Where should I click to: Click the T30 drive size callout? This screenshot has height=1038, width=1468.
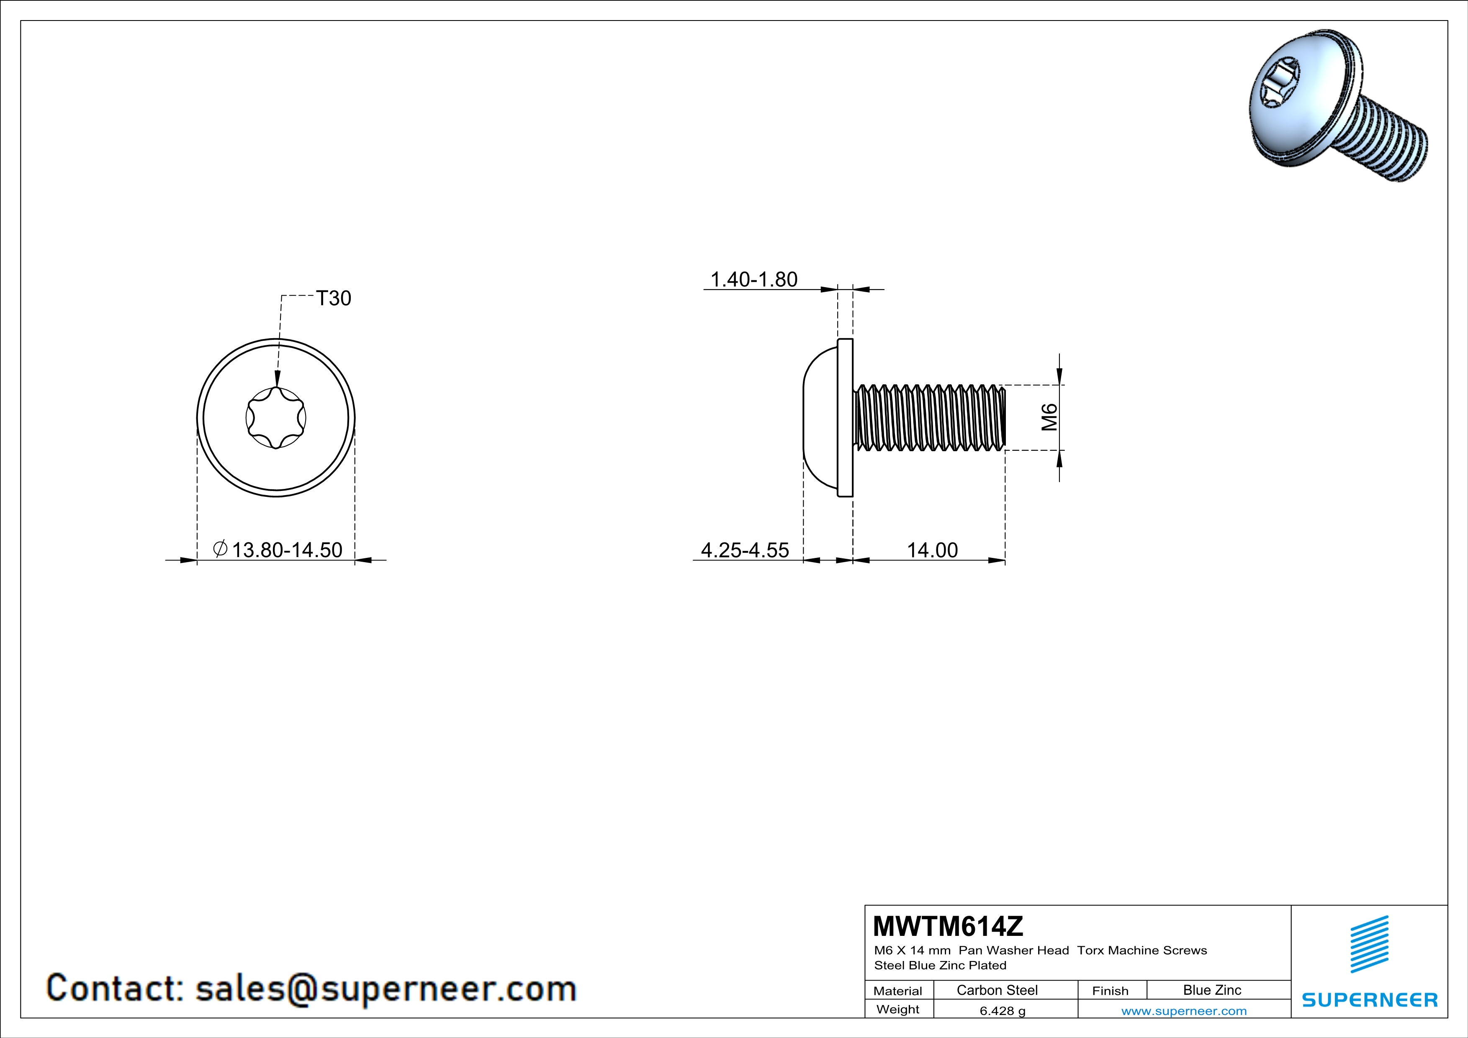click(x=334, y=298)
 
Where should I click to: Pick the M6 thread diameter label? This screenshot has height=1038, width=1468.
click(x=1049, y=417)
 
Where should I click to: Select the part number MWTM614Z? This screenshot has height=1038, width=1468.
click(x=948, y=925)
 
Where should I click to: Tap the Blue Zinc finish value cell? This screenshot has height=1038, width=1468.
click(x=1212, y=990)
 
